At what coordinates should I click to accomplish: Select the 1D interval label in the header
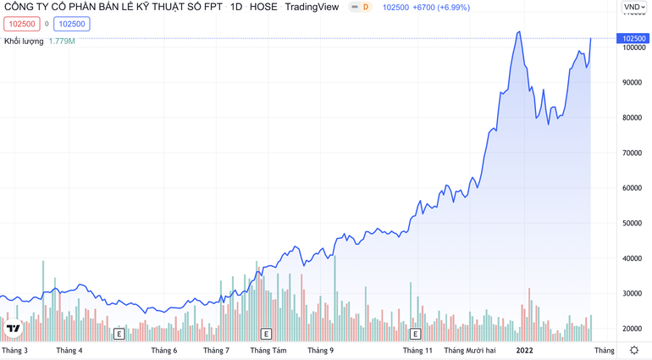[x=236, y=8]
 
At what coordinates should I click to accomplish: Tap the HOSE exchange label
[x=263, y=8]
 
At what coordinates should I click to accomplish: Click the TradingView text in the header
[x=312, y=8]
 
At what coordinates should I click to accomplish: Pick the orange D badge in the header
[x=365, y=8]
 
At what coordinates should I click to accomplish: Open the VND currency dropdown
[x=634, y=8]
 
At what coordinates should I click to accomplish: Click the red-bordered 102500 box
[x=22, y=25]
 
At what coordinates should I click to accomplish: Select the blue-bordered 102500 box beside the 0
[x=72, y=25]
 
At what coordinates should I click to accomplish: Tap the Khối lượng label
[x=24, y=42]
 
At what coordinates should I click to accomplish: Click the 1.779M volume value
[x=62, y=42]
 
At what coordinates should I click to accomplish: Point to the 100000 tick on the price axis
[x=634, y=47]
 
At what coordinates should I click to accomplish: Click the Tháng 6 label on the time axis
[x=164, y=351]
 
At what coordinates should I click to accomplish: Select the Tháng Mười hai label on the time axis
[x=470, y=351]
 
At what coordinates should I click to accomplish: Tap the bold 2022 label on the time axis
[x=525, y=351]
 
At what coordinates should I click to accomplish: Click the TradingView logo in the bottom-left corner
[x=14, y=329]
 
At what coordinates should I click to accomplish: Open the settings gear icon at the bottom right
[x=634, y=350]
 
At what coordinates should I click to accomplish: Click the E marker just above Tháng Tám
[x=266, y=335]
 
